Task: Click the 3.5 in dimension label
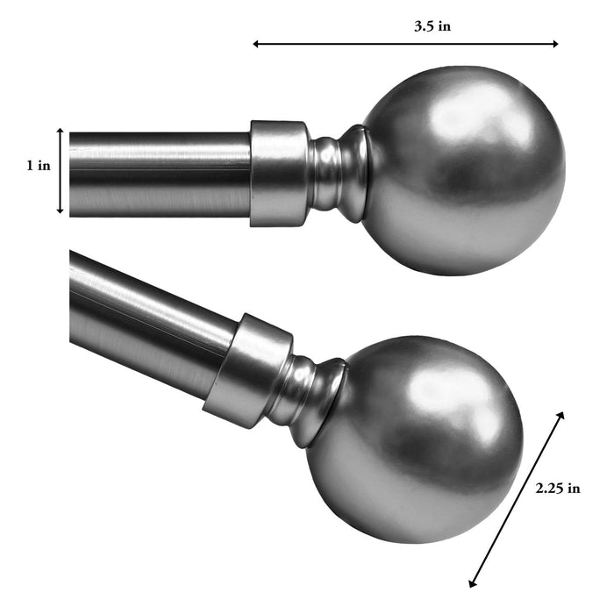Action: [x=432, y=26]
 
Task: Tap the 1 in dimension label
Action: [x=38, y=166]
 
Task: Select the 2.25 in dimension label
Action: [x=558, y=489]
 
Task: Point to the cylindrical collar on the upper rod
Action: [x=279, y=173]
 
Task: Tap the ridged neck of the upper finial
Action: [x=338, y=172]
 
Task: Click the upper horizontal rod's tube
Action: [x=158, y=172]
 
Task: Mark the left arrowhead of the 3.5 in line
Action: [x=256, y=43]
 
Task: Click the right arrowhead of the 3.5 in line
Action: [x=555, y=43]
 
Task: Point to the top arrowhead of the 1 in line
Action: [x=60, y=132]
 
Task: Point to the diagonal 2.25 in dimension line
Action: [x=518, y=497]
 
